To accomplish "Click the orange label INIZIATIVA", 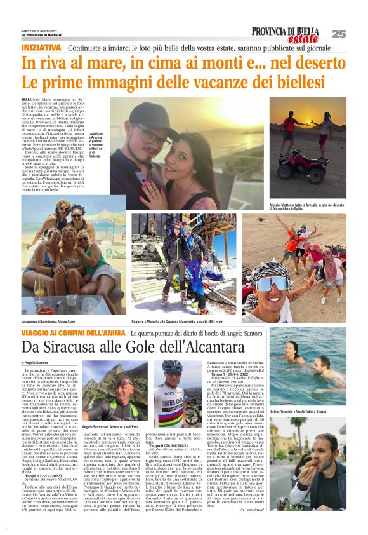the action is pos(41,48).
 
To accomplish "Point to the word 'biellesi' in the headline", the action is pos(289,82).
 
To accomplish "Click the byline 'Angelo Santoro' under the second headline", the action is pos(37,362).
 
